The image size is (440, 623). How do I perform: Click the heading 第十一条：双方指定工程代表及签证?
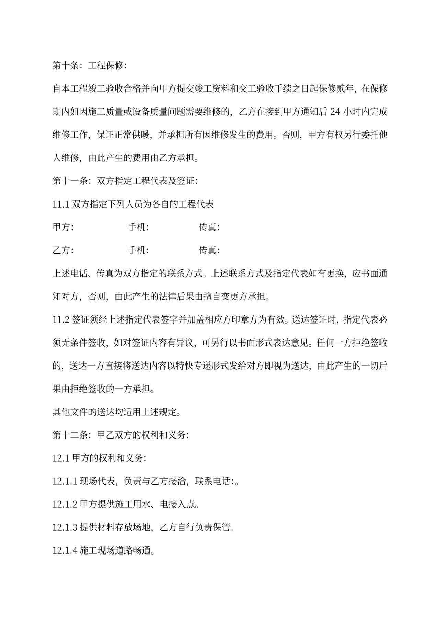125,181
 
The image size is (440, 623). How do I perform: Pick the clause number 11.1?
61,204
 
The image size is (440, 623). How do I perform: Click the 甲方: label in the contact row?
63,227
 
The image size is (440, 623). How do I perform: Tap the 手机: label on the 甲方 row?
138,227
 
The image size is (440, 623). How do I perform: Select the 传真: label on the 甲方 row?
209,227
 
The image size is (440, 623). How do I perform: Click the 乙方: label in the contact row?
63,250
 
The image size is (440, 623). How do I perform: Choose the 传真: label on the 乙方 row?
209,250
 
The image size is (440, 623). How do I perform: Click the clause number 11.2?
61,319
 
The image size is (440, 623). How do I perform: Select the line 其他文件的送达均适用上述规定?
117,412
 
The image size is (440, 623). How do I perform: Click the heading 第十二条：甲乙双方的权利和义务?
120,435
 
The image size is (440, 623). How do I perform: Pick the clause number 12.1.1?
65,481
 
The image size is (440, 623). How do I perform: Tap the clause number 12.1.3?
65,527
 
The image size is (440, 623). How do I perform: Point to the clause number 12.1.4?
65,551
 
